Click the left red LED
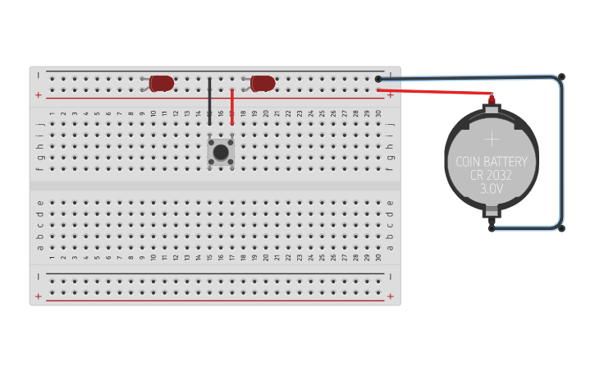tap(162, 83)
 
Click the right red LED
tap(263, 83)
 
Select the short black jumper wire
tap(210, 102)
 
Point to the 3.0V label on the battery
tap(492, 189)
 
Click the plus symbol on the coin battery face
tap(492, 139)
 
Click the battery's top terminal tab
tap(492, 102)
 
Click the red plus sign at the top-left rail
tap(39, 96)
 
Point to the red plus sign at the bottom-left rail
tap(39, 296)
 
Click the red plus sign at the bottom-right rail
tap(391, 296)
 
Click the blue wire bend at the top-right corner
tap(561, 77)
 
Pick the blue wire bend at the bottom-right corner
tap(561, 228)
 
